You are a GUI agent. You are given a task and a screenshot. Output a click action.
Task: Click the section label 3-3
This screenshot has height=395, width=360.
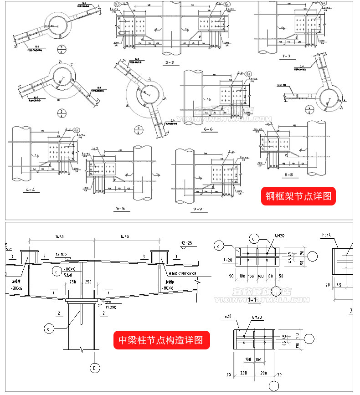click(170, 63)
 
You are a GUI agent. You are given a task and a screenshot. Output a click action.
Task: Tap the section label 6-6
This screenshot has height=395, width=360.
click(209, 129)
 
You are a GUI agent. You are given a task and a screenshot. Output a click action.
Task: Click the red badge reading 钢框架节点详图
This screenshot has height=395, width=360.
click(298, 197)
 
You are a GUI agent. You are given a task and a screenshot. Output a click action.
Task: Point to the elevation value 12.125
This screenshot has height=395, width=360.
click(187, 243)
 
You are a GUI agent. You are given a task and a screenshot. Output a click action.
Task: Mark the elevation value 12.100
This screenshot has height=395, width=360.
click(62, 254)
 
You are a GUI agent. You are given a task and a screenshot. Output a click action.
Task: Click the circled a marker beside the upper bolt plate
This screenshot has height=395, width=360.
click(218, 246)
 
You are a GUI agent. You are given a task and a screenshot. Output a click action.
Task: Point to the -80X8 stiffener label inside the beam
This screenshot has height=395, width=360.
click(69, 270)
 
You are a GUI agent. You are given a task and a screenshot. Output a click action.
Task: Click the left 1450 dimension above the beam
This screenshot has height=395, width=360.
click(59, 237)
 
